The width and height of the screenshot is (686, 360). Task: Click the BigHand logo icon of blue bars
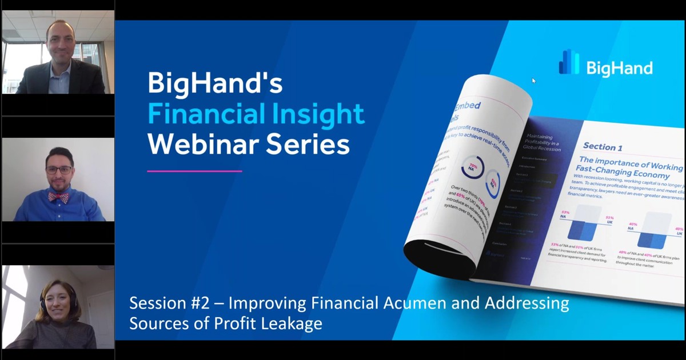[569, 62]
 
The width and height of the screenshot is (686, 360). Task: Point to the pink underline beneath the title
[194, 170]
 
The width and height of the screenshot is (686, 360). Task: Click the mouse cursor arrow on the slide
[534, 81]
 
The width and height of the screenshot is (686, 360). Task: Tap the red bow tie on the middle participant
[59, 197]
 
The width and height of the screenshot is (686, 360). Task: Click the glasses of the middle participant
[59, 170]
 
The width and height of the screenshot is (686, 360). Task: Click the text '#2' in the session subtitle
[209, 303]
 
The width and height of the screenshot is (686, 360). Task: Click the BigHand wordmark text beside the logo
[619, 69]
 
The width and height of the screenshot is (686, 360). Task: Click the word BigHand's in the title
[215, 83]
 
